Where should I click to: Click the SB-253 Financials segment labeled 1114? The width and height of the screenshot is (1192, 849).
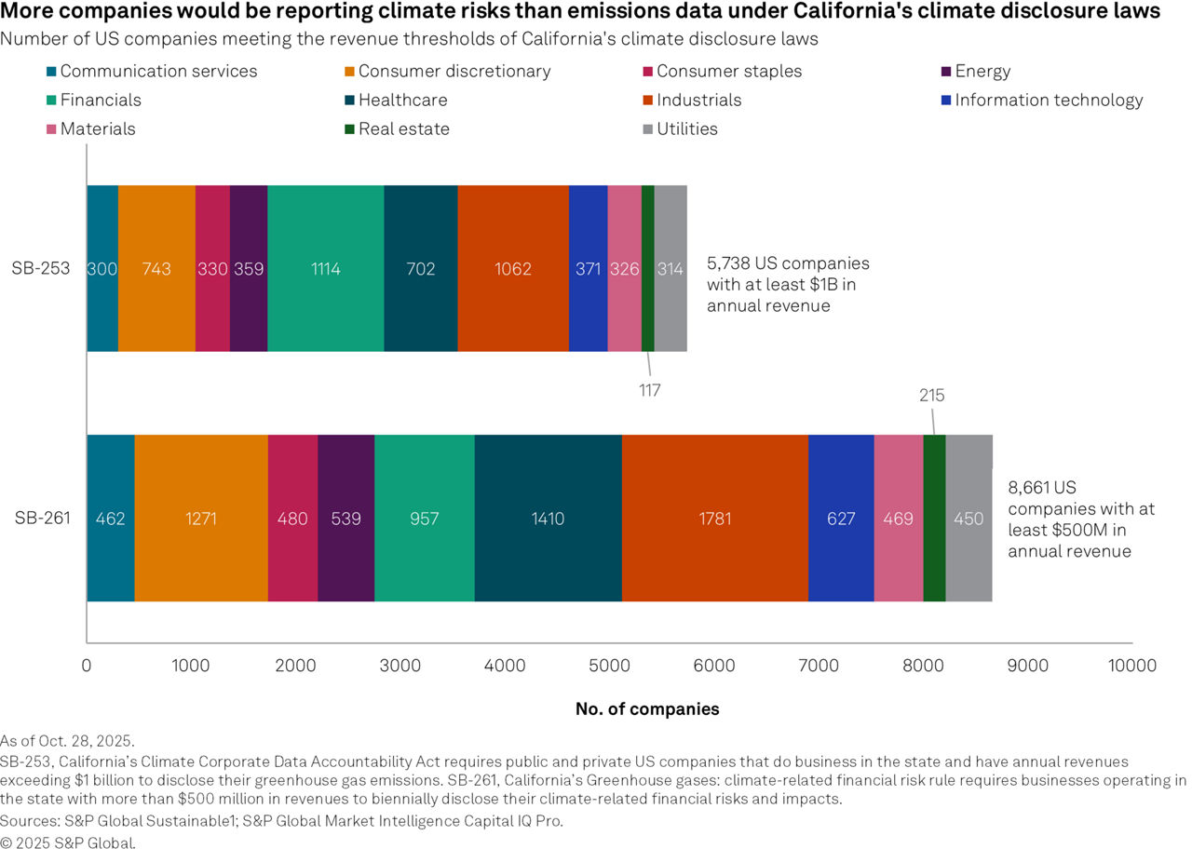coord(325,268)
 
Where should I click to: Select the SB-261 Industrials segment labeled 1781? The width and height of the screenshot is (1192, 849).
coord(714,518)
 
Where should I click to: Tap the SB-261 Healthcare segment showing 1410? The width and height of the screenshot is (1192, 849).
coord(548,518)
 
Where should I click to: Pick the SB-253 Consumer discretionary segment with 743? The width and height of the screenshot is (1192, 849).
coord(156,268)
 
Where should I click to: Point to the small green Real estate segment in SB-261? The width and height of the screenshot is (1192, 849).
coord(934,518)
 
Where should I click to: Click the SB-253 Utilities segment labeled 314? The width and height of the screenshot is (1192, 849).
coord(670,268)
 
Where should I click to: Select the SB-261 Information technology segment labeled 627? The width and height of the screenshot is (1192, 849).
coord(841,518)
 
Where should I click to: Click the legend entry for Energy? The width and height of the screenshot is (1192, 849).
coord(982,72)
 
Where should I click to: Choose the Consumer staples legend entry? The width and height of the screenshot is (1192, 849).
coord(728,72)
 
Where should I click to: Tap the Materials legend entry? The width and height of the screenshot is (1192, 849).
coord(98,129)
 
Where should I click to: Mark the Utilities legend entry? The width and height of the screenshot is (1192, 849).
coord(686,129)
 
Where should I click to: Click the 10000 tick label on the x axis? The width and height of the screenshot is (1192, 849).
coord(1132,666)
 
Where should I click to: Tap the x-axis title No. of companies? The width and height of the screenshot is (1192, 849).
coord(647,709)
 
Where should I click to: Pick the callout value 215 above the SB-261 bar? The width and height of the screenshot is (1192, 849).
coord(931,396)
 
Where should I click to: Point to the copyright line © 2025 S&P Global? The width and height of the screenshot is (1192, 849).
coord(68,843)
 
